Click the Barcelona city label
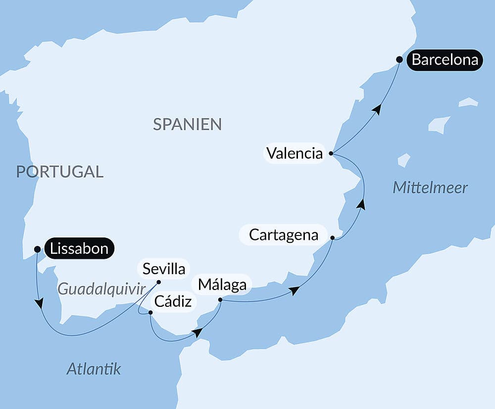click(x=445, y=60)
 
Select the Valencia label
click(x=294, y=153)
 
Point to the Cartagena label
click(x=283, y=234)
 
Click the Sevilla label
click(x=163, y=269)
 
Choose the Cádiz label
click(x=173, y=301)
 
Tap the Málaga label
click(x=222, y=285)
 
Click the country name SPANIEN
click(x=187, y=124)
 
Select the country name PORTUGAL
click(x=59, y=172)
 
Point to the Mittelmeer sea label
click(x=430, y=188)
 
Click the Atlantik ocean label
click(x=94, y=369)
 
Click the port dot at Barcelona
click(x=399, y=59)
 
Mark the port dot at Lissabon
click(x=37, y=249)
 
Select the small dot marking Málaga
click(x=220, y=299)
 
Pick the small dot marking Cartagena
click(x=333, y=238)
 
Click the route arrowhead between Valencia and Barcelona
click(x=378, y=110)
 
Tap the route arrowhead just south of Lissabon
click(x=39, y=303)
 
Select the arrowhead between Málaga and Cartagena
click(x=295, y=291)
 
